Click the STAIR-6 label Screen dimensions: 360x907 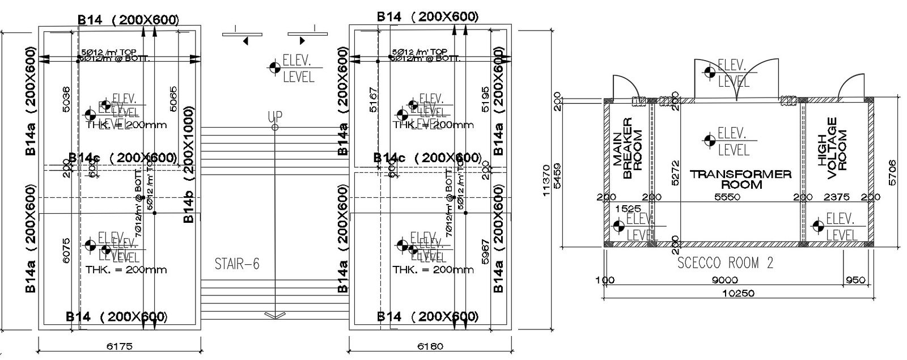click(238, 264)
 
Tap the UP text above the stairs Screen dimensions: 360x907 click(275, 117)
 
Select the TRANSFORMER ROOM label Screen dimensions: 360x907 click(740, 179)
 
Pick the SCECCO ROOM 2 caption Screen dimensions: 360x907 click(726, 263)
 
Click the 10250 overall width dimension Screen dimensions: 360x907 click(738, 293)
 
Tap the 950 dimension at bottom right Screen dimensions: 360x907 click(856, 280)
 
